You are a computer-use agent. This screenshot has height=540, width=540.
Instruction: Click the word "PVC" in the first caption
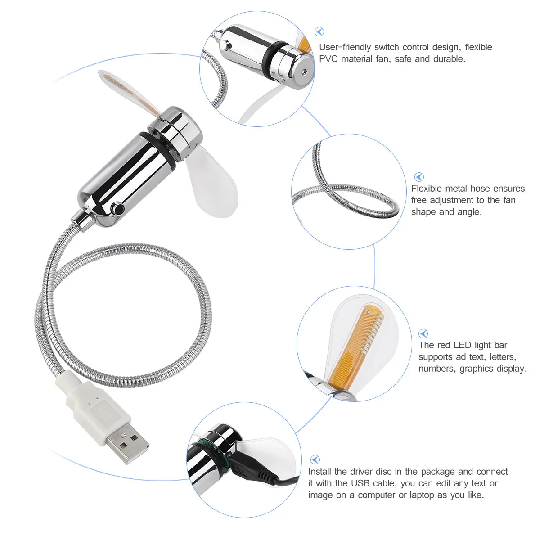(328, 59)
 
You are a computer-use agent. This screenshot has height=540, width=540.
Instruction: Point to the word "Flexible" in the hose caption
(428, 189)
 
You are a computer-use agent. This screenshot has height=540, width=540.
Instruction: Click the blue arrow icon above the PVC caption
(319, 31)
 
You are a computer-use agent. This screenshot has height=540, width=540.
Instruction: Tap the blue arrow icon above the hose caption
(419, 177)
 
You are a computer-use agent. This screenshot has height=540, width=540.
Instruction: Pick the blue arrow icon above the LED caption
(423, 333)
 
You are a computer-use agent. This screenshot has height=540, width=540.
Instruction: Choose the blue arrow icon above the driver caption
(315, 459)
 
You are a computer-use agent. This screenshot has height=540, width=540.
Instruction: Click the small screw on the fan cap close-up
(304, 71)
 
